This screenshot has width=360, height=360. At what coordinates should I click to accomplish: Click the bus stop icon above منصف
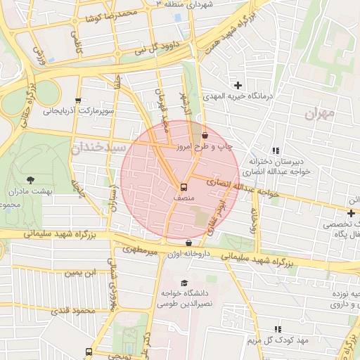pos(184,188)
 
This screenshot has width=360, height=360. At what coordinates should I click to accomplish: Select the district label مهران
pos(322,113)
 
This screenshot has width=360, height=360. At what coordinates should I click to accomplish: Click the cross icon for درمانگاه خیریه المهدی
pos(238,85)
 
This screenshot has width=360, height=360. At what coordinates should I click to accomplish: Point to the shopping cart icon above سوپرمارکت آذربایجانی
pos(77,101)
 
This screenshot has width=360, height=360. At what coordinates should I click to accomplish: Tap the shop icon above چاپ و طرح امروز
pos(205,134)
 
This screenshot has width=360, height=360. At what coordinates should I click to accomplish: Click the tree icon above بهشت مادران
pos(30,181)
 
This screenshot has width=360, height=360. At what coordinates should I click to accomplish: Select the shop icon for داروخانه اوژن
pos(188,243)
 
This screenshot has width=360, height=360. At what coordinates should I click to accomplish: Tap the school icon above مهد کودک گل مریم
pos(278,328)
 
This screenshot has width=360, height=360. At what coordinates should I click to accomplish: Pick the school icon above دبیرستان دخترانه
pos(276,150)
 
